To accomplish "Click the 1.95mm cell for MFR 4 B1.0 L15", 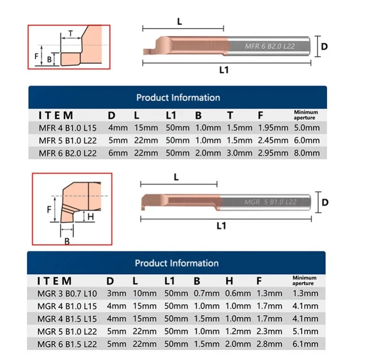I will pyautogui.click(x=273, y=128).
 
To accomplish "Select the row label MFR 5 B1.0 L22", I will pyautogui.click(x=68, y=140).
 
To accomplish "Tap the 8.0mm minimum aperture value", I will pyautogui.click(x=306, y=153).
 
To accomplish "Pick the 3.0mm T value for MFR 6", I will pyautogui.click(x=240, y=153).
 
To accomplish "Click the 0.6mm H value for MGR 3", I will pyautogui.click(x=238, y=293).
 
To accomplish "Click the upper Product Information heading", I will pyautogui.click(x=178, y=98).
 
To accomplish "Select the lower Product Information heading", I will pyautogui.click(x=177, y=263).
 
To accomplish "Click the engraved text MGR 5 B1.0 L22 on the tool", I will pyautogui.click(x=270, y=202).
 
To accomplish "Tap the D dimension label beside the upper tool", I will pyautogui.click(x=324, y=47).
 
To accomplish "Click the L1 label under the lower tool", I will pyautogui.click(x=221, y=225).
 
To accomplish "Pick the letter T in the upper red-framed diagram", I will pyautogui.click(x=71, y=33).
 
